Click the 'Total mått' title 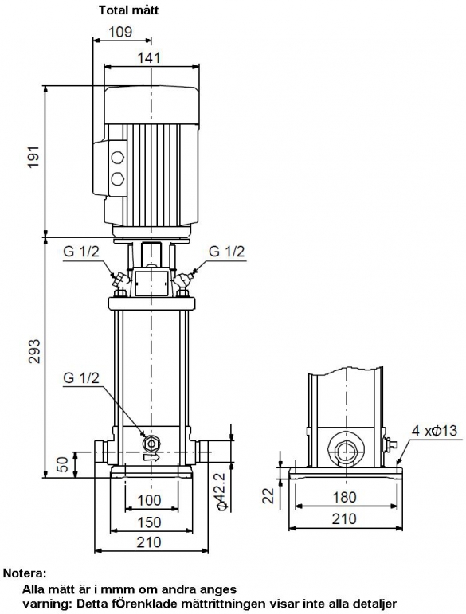[x=128, y=10]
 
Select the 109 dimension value [x=120, y=32]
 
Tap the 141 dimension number [x=149, y=58]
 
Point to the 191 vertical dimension [x=33, y=157]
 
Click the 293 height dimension [x=33, y=351]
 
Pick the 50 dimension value [x=62, y=464]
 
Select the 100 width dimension [x=149, y=500]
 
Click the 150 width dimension [x=149, y=522]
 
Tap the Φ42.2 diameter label [x=221, y=491]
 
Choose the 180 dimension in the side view [x=345, y=497]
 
